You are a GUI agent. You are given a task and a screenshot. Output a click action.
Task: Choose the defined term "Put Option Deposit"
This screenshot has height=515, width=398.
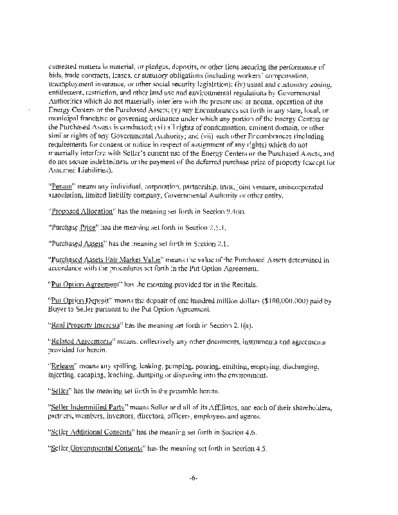coord(81,301)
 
